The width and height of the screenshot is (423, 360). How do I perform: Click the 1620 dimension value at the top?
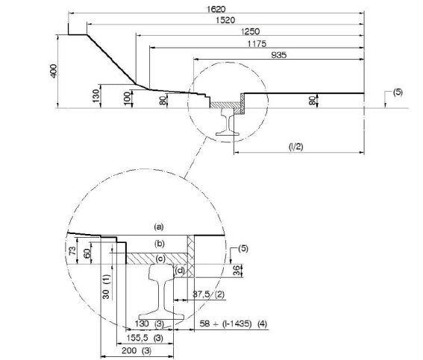tap(216, 10)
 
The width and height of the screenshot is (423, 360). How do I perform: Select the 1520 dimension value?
tap(225, 20)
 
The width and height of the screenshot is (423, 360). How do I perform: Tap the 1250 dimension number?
tap(251, 32)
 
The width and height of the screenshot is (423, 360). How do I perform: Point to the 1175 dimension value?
tap(257, 44)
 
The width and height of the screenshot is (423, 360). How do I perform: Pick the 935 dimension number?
tap(279, 55)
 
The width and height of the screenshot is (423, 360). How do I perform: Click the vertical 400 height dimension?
tap(54, 71)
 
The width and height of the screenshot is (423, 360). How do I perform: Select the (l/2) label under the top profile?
tap(296, 147)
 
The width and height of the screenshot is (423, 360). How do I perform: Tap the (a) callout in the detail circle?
tap(159, 227)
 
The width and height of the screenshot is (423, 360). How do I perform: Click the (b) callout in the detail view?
tap(160, 244)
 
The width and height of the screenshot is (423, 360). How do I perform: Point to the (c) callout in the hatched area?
tap(160, 259)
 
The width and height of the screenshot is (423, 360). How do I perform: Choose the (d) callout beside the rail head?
tap(179, 270)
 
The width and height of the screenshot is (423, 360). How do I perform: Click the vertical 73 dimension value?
tap(72, 251)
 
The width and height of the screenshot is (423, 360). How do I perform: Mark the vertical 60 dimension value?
tap(87, 253)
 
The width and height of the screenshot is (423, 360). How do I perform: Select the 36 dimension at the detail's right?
tap(236, 271)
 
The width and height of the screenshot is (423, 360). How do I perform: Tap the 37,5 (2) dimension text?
tap(209, 294)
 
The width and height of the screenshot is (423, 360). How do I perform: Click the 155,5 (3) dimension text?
tap(145, 338)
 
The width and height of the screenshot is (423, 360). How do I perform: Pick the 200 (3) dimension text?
tap(137, 350)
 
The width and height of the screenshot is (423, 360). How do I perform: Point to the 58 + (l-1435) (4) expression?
tap(234, 323)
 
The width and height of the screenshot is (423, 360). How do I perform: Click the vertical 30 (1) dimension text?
tap(106, 287)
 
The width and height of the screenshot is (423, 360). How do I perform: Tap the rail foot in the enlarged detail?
tap(162, 317)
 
